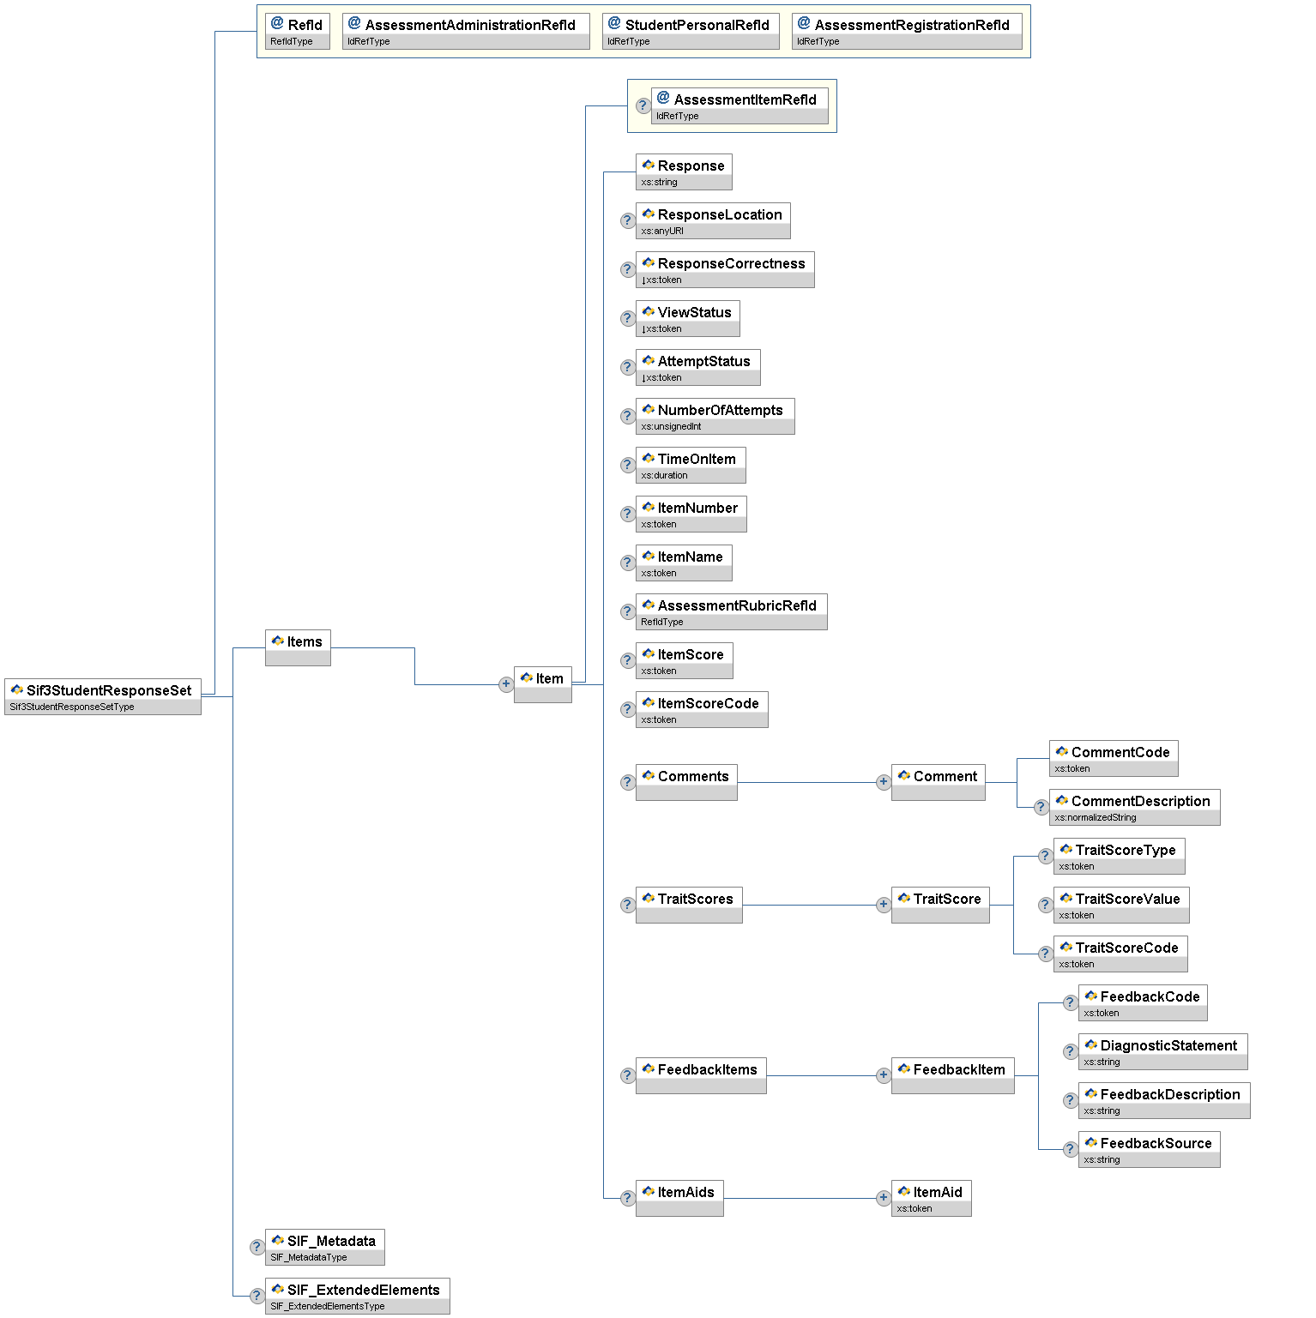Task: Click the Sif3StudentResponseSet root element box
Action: coord(103,695)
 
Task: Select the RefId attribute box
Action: coord(297,31)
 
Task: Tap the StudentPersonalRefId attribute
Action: coord(691,31)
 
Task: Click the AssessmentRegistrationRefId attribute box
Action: coord(907,31)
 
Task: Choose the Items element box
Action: coord(298,647)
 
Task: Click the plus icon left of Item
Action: coord(506,684)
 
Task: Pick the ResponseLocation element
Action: coord(713,220)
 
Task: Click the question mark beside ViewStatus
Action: coord(627,318)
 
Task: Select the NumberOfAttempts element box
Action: coord(715,416)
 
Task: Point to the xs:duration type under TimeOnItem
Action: coord(665,475)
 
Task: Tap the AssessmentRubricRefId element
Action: coord(731,611)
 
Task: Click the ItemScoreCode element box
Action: coord(702,709)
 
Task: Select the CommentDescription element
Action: coord(1134,807)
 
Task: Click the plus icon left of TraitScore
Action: coord(883,905)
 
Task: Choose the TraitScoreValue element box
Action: coord(1121,905)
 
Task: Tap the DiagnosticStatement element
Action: coord(1162,1051)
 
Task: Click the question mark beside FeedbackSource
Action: coord(1070,1149)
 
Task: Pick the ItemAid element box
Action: coord(931,1198)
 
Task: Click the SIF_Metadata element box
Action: coord(324,1247)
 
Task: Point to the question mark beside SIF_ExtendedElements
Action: coord(257,1296)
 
